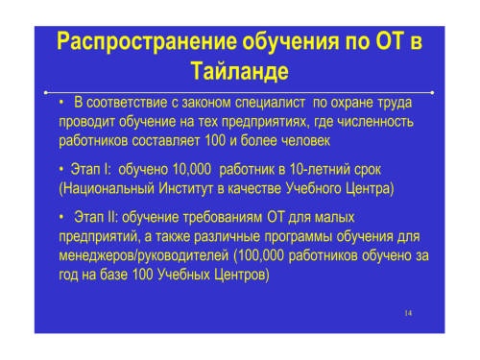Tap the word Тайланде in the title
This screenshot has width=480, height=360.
click(240, 71)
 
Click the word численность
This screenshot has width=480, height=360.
click(375, 122)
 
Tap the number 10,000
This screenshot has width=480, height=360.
click(192, 169)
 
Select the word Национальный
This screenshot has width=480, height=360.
click(108, 189)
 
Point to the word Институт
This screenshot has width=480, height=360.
click(186, 189)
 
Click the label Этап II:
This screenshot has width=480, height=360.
click(96, 217)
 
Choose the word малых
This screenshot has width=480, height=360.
click(335, 218)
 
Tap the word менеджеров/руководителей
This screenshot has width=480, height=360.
click(144, 255)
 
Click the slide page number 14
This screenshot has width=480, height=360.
click(408, 313)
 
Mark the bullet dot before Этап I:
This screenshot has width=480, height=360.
click(61, 169)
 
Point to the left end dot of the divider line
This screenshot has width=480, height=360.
click(46, 93)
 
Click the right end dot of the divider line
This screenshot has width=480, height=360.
click(432, 93)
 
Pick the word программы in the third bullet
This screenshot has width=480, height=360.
click(299, 237)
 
